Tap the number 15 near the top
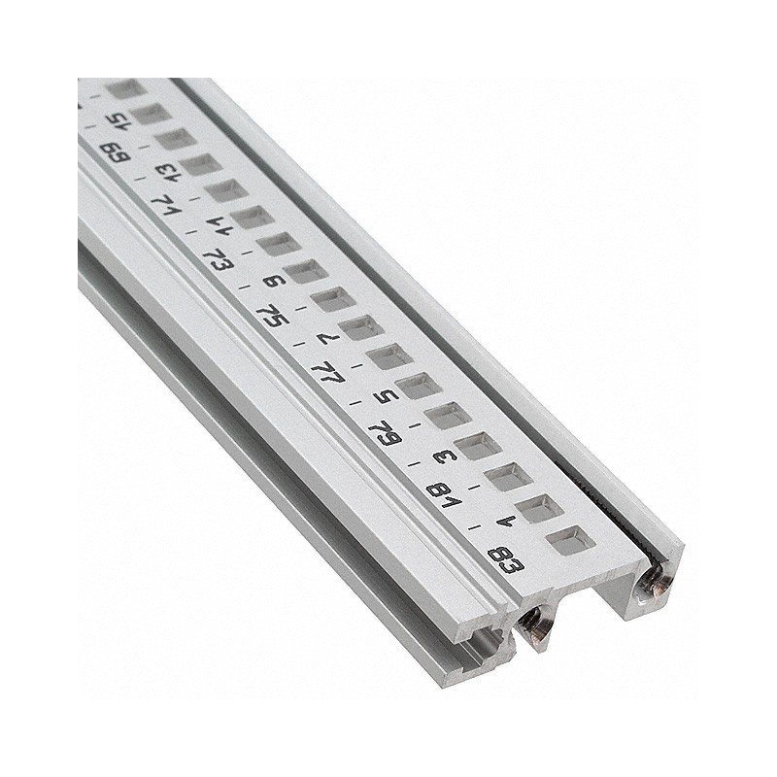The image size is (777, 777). pyautogui.click(x=118, y=122)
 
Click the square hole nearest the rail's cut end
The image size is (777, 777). pyautogui.click(x=563, y=542)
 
